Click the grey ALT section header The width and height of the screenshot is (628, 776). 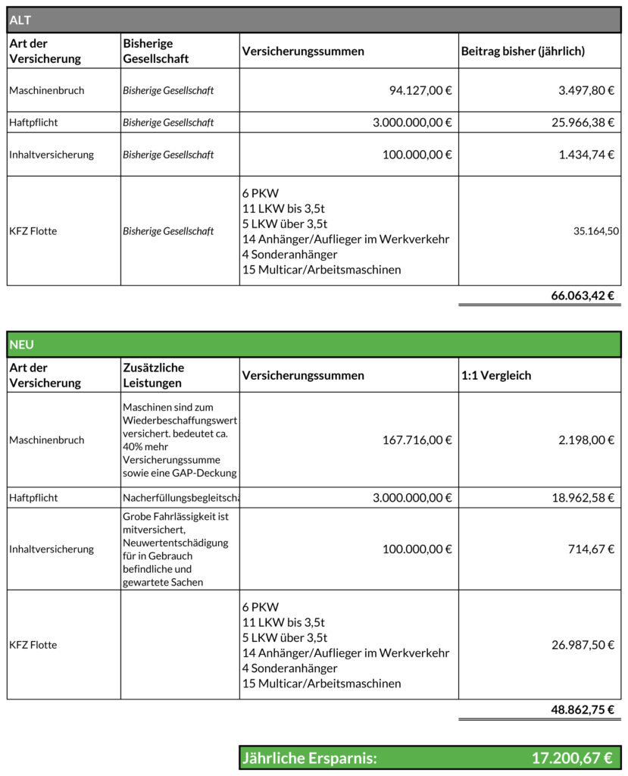pos(314,20)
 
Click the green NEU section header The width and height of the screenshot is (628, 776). pos(314,344)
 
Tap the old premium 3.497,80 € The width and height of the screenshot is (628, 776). pos(586,90)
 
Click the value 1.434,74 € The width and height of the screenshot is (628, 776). pos(586,155)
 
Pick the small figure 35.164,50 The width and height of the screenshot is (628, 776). pos(596,231)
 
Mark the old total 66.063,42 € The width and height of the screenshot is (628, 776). pos(582,296)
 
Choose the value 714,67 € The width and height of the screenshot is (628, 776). pos(592,549)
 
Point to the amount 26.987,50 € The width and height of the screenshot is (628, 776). pos(583,645)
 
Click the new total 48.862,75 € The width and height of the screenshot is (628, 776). pos(582,710)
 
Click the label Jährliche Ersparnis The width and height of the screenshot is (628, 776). pos(309,758)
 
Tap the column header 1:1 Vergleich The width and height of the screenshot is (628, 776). pos(496,375)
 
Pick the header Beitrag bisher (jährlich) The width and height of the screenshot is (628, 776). pos(523,51)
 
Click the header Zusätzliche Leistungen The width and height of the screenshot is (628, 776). pos(153,375)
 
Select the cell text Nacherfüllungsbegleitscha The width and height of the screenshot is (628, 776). pos(181,498)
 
